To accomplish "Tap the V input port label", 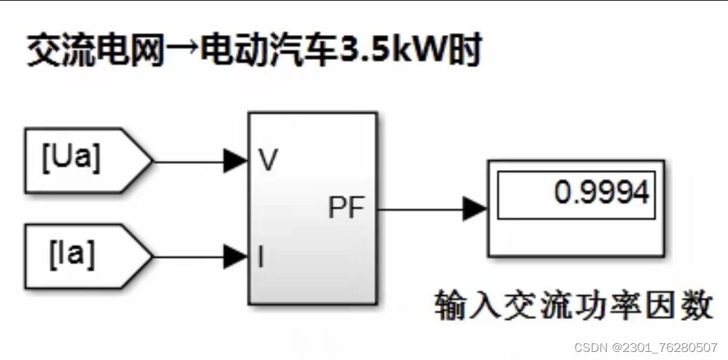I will click(x=268, y=161).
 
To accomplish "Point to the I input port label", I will click(x=261, y=257).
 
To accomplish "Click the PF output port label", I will click(x=346, y=209).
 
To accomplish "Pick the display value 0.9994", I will click(x=601, y=194).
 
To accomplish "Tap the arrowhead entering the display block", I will click(x=475, y=209).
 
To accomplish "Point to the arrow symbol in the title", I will click(x=183, y=52).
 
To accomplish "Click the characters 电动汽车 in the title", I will click(x=270, y=52).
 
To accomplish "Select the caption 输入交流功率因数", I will click(x=573, y=305).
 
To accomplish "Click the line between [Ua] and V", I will click(x=189, y=161).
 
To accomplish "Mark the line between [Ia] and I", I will click(x=189, y=257).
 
